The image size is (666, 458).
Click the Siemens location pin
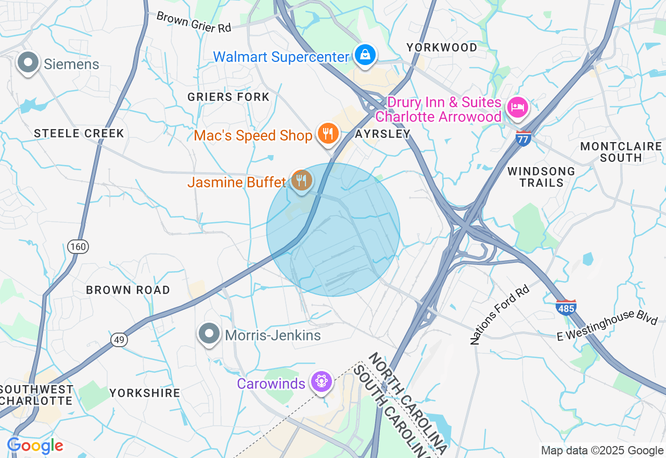click(28, 63)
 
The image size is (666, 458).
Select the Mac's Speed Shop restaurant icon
click(328, 134)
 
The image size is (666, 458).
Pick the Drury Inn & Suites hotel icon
click(517, 108)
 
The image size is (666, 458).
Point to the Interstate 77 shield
click(523, 139)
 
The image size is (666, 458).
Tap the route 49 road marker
click(119, 339)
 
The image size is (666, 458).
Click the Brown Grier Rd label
click(194, 22)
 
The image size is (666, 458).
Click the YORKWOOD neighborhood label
click(442, 47)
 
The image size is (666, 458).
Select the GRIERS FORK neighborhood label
click(228, 97)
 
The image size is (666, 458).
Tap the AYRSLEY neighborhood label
click(382, 134)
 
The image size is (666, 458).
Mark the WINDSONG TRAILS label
click(541, 177)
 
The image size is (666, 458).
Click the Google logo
click(35, 446)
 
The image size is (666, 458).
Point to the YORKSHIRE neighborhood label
click(145, 393)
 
